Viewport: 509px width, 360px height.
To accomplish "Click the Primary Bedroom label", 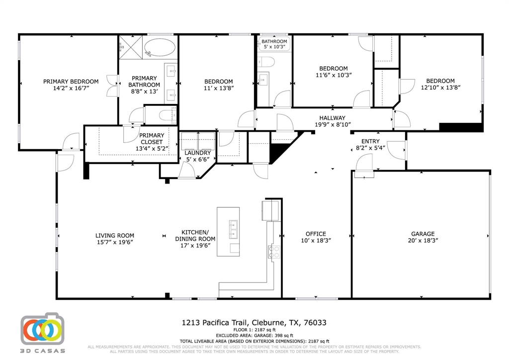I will (71, 82).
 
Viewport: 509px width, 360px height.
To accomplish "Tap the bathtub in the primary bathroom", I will (160, 49).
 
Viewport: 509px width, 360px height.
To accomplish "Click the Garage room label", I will (423, 234).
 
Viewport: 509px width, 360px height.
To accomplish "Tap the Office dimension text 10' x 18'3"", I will (316, 240).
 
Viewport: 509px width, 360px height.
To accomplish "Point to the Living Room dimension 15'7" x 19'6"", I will (115, 242).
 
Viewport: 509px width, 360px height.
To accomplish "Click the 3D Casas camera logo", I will (42, 330).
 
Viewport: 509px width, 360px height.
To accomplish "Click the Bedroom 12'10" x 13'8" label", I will (440, 81).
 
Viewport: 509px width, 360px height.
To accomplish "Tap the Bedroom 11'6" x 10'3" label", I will (333, 69).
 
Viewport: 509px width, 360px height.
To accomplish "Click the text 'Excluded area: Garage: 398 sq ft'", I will (254, 335).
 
